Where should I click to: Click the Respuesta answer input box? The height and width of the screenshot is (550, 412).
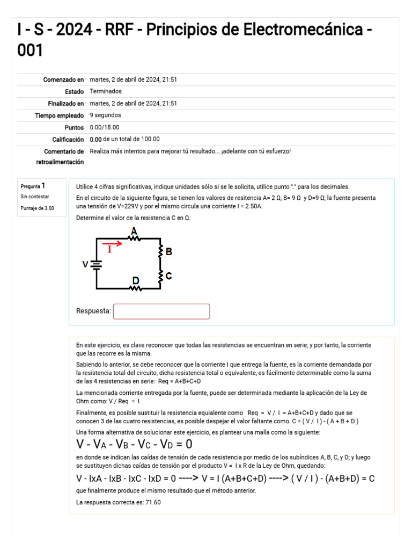[161, 312]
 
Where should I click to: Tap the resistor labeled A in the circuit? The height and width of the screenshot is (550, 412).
[134, 238]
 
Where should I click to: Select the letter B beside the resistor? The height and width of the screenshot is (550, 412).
[168, 251]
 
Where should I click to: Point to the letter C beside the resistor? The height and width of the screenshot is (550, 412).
[168, 276]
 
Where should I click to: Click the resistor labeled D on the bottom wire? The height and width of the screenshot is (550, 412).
[136, 288]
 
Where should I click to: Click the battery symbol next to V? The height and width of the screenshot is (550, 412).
[97, 264]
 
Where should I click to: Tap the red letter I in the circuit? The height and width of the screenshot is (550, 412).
[109, 250]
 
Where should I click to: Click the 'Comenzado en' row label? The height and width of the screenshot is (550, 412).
[63, 79]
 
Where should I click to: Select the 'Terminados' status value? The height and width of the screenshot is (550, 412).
[106, 91]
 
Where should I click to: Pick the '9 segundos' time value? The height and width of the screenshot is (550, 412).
[105, 115]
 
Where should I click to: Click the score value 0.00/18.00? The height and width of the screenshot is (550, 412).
[105, 127]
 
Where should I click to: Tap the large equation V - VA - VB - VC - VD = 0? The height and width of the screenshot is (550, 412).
[134, 445]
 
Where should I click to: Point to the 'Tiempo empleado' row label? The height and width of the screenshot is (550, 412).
[60, 115]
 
